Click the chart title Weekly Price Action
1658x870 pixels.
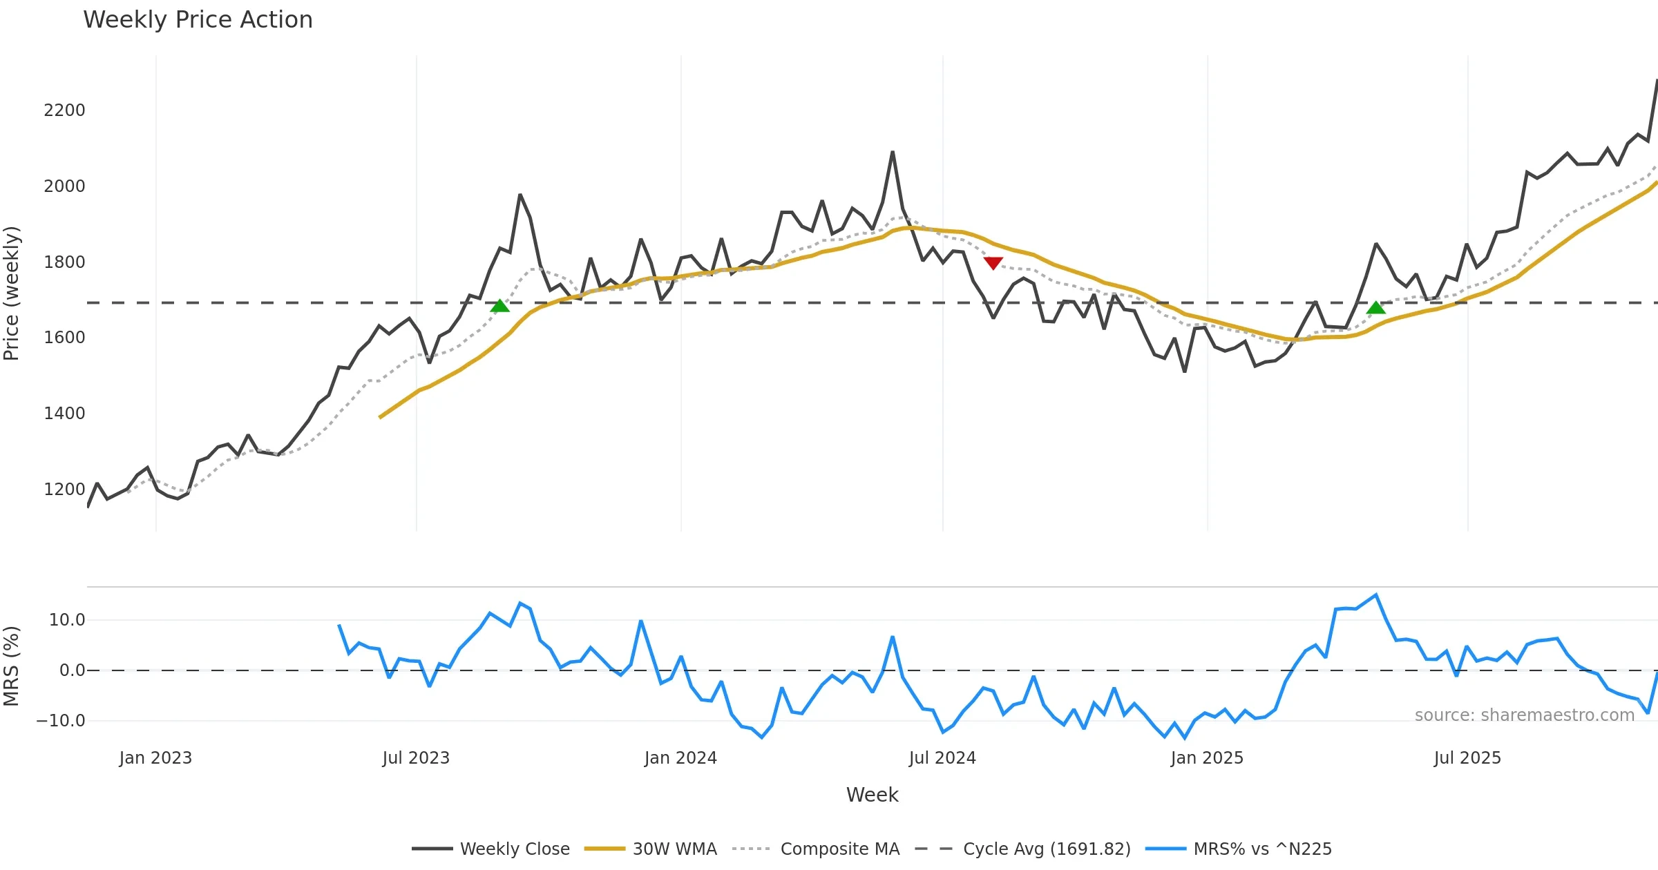(198, 20)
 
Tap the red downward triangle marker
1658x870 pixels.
(993, 263)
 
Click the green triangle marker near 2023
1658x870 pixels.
(499, 306)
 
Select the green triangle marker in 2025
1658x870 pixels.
(1375, 308)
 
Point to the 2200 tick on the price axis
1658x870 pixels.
(64, 110)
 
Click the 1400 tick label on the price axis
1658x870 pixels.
(64, 414)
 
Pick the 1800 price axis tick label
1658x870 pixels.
(64, 262)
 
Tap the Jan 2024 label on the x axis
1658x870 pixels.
(680, 758)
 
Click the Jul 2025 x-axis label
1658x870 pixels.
(1467, 758)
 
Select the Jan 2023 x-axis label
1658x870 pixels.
(155, 758)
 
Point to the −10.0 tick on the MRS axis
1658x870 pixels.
(61, 721)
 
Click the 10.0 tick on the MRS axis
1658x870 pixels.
(66, 620)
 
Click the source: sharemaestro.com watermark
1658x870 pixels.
(1524, 715)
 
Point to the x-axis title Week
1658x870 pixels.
(872, 795)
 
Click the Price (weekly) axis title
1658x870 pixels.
(12, 293)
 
